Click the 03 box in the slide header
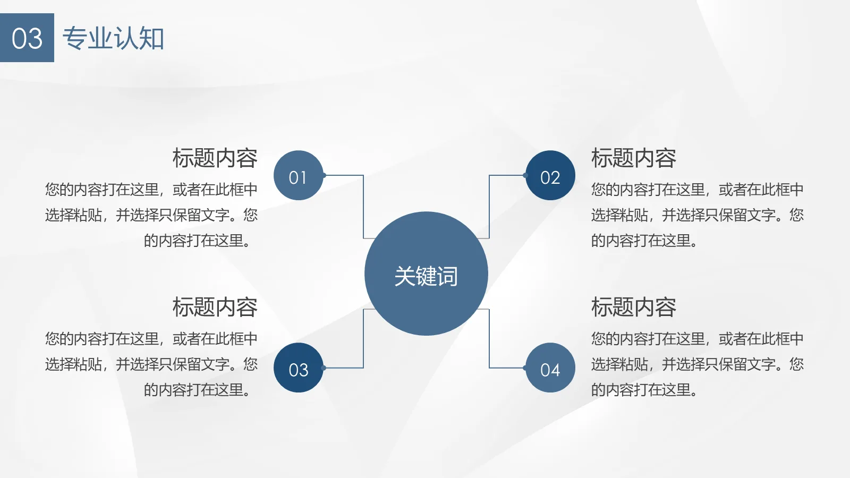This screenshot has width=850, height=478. click(x=27, y=38)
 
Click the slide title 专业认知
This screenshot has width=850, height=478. click(x=113, y=38)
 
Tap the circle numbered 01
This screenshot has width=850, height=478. click(x=298, y=175)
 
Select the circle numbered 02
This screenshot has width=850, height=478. click(x=550, y=175)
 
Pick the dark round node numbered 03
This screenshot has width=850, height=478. click(x=298, y=368)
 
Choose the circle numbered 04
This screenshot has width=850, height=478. click(x=550, y=368)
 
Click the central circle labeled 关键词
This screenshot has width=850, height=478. click(x=426, y=274)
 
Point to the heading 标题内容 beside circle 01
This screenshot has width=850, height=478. click(x=215, y=158)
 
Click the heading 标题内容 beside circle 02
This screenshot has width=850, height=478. click(x=633, y=158)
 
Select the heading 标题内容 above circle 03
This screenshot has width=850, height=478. click(x=215, y=308)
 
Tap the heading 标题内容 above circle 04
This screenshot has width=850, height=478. click(x=633, y=308)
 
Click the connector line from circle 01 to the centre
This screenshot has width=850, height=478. click(x=363, y=207)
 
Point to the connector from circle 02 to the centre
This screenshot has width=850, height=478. click(x=489, y=207)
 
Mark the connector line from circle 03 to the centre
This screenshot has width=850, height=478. click(x=363, y=340)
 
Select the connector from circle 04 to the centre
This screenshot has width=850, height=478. click(x=489, y=340)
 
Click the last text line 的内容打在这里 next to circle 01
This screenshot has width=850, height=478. click(x=197, y=241)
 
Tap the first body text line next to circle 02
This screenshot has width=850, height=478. click(x=697, y=190)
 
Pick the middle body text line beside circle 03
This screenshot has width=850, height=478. click(x=151, y=364)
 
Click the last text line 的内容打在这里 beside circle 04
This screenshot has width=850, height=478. click(x=644, y=390)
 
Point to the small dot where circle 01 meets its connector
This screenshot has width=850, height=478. click(x=324, y=175)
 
